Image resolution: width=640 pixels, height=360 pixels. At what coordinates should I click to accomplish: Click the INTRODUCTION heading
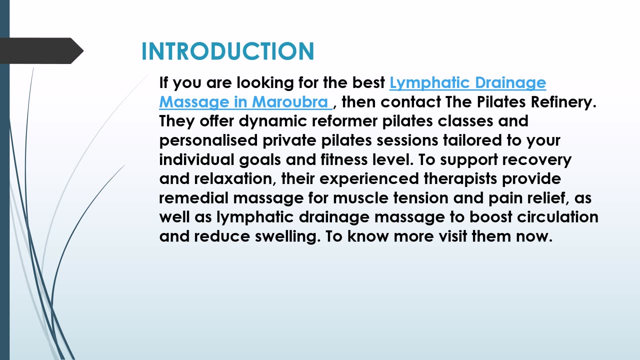pyautogui.click(x=227, y=51)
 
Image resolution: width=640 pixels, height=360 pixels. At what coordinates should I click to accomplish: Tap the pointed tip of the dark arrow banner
pyautogui.click(x=83, y=51)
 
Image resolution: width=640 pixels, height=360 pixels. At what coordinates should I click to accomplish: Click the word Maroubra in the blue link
pyautogui.click(x=289, y=102)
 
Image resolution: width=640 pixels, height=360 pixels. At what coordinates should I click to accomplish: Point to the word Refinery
pyautogui.click(x=563, y=102)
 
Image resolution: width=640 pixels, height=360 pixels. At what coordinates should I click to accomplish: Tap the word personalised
pyautogui.click(x=208, y=140)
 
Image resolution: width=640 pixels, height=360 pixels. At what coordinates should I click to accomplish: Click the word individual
pyautogui.click(x=196, y=159)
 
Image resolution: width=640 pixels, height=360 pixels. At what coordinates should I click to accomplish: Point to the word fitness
pyautogui.click(x=344, y=159)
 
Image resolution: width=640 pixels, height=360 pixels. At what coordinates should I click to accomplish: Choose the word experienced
pyautogui.click(x=369, y=178)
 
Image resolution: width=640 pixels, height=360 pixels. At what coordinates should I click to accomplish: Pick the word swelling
pyautogui.click(x=287, y=236)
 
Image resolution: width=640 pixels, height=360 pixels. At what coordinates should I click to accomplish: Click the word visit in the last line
pyautogui.click(x=452, y=236)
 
